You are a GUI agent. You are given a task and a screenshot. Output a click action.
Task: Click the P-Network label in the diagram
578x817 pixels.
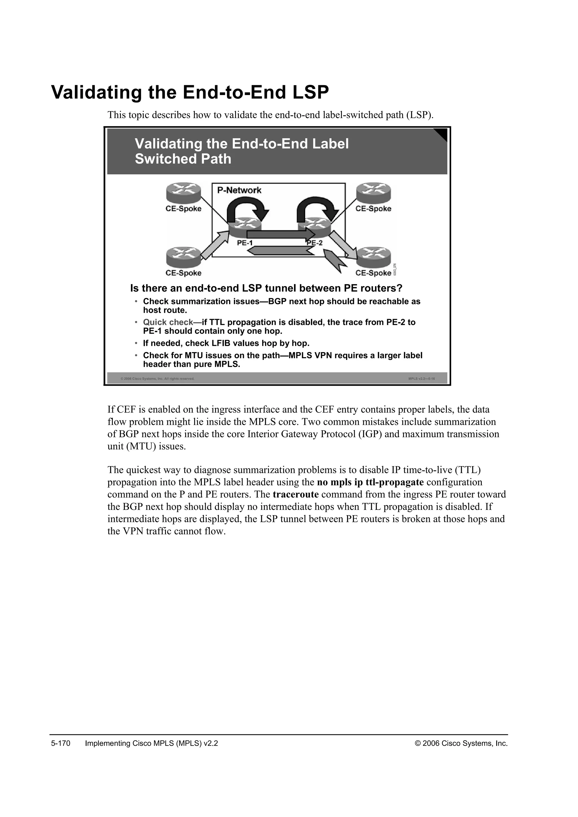[239, 190]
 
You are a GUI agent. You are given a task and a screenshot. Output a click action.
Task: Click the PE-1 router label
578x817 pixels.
[245, 243]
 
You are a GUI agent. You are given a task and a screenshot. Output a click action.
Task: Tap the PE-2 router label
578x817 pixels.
[315, 243]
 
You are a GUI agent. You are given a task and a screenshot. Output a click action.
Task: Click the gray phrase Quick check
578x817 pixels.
[168, 322]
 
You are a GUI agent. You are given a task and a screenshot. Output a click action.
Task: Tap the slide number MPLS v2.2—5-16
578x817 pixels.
[421, 379]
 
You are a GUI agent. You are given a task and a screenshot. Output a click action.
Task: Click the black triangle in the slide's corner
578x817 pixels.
[443, 133]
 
